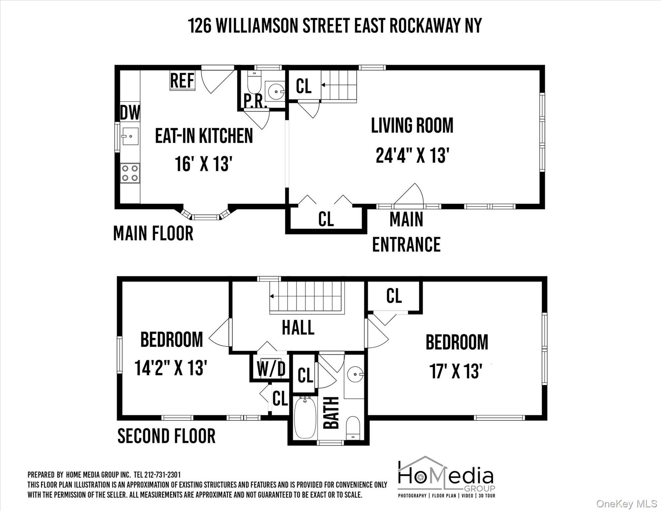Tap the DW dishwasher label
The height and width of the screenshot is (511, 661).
130,112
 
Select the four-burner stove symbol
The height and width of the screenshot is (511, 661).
130,173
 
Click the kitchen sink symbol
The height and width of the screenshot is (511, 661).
130,136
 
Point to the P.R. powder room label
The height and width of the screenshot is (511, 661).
255,102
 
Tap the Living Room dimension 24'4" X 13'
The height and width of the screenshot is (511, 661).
412,155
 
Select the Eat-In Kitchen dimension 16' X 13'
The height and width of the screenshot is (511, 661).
203,164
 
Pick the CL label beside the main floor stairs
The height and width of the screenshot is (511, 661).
304,86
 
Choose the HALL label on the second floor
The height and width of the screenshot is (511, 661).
298,328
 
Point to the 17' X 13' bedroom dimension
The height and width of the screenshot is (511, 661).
456,371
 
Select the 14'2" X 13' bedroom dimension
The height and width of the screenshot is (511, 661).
171,368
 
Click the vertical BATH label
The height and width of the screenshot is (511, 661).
331,413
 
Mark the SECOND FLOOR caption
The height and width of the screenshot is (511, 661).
166,436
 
